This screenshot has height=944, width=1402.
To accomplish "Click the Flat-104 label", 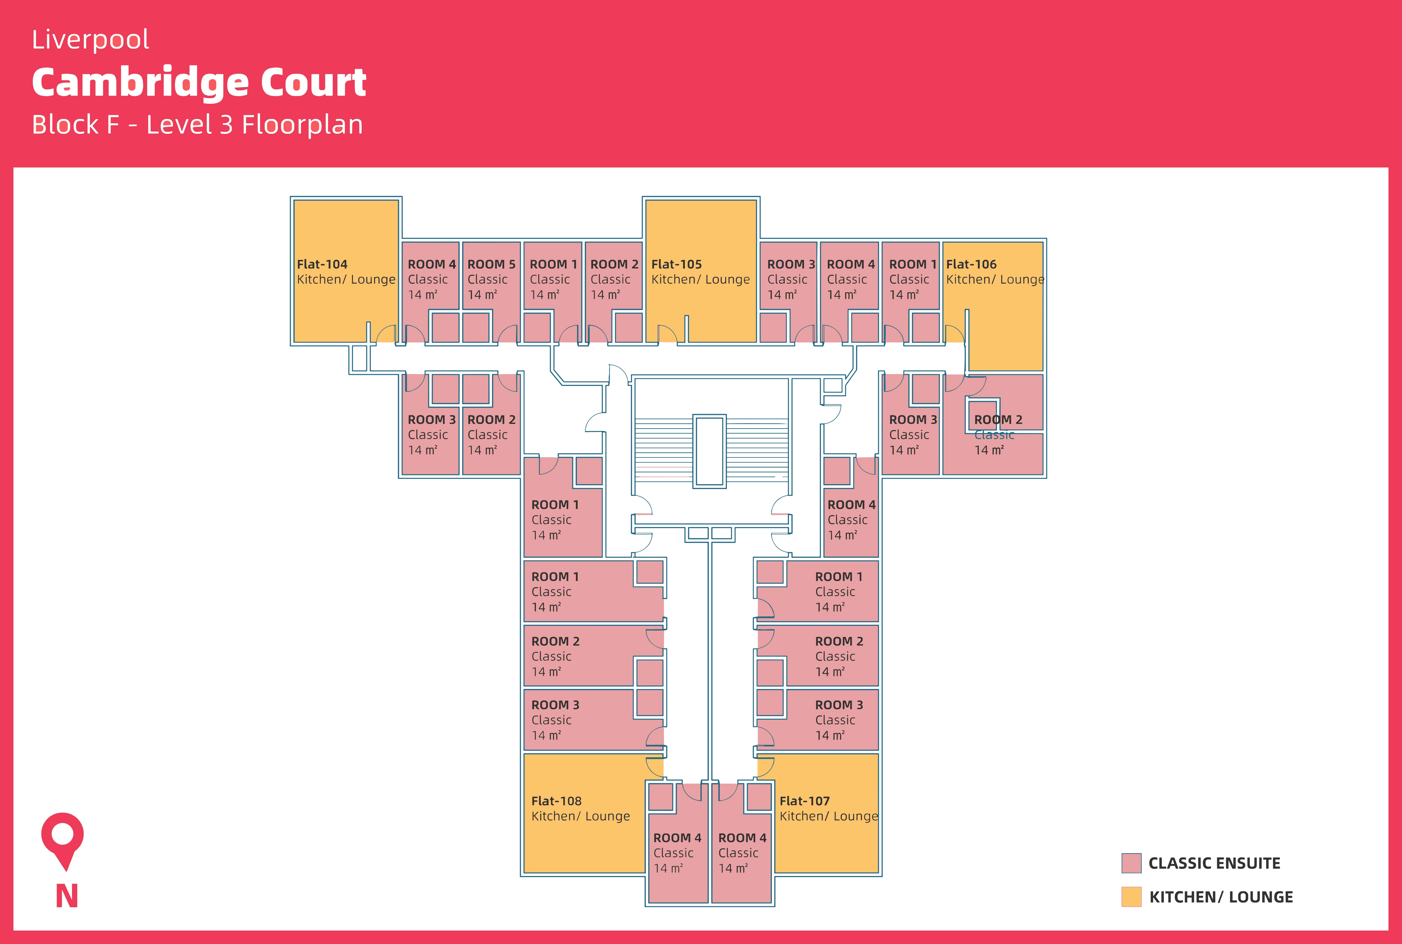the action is click(x=322, y=264).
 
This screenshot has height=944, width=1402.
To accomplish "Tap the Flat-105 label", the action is click(x=676, y=264).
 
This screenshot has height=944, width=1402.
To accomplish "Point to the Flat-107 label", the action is click(x=805, y=801).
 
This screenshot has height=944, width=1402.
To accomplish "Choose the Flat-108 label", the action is click(x=556, y=801).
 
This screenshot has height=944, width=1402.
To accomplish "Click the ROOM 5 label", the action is click(x=491, y=264).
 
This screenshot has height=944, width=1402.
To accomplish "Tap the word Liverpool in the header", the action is click(x=90, y=40).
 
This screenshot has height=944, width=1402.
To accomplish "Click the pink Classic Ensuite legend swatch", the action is click(x=1131, y=863).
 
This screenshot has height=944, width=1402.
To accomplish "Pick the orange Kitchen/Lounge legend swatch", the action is click(x=1131, y=896).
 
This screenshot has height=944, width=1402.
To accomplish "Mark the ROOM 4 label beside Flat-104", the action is click(x=432, y=264).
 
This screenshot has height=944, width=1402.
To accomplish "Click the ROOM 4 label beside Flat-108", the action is click(x=677, y=838).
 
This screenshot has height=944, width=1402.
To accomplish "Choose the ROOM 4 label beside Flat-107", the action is click(x=743, y=838).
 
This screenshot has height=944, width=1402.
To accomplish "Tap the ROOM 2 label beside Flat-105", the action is click(x=614, y=264).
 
